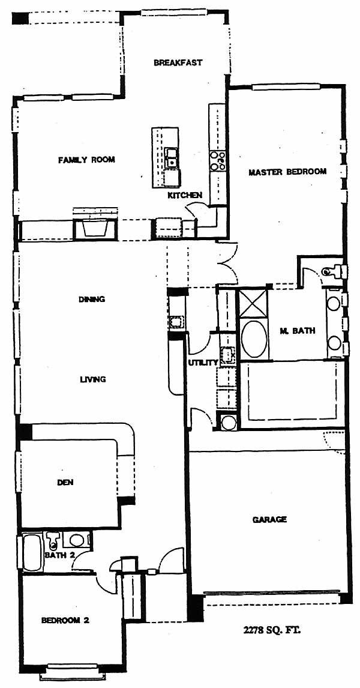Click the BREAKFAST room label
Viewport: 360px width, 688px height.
tap(178, 63)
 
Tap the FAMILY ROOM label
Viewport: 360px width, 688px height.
tap(87, 160)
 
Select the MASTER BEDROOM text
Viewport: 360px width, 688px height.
tap(287, 172)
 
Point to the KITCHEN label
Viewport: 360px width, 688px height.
tap(185, 195)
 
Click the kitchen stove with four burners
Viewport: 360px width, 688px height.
tap(217, 161)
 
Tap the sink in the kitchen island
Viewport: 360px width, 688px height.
tap(172, 158)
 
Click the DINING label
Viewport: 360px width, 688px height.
tap(92, 300)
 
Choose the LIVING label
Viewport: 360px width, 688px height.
tap(93, 379)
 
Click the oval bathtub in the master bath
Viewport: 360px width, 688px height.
tap(254, 339)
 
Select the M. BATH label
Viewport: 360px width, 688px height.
tap(297, 331)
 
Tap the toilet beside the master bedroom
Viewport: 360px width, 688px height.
tap(335, 271)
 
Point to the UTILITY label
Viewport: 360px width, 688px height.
tap(203, 363)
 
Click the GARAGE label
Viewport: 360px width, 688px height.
tap(269, 519)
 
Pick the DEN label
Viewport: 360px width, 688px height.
tap(65, 483)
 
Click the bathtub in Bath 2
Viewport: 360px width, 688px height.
tap(32, 552)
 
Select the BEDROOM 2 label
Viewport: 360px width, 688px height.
tap(65, 620)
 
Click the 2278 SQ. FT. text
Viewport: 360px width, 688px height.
tap(272, 631)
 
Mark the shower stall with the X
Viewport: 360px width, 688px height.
tap(252, 303)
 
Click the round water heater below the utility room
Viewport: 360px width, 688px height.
tap(229, 423)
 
